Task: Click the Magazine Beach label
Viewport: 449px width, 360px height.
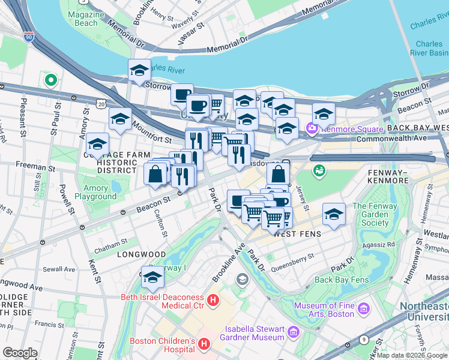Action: point(82,19)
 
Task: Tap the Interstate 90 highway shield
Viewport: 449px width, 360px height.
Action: point(28,35)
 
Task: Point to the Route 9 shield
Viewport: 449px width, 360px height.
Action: point(363,340)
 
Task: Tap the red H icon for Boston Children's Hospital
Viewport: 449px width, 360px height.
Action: point(204,344)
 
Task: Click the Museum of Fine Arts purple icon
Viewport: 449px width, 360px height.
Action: point(363,310)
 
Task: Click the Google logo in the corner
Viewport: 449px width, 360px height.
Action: point(20,353)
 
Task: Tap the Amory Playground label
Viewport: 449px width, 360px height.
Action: point(96,192)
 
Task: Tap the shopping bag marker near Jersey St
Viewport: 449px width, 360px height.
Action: point(279,175)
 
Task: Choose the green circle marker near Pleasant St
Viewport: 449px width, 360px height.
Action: point(51,79)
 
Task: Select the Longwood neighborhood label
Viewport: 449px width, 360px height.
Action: point(127,254)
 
